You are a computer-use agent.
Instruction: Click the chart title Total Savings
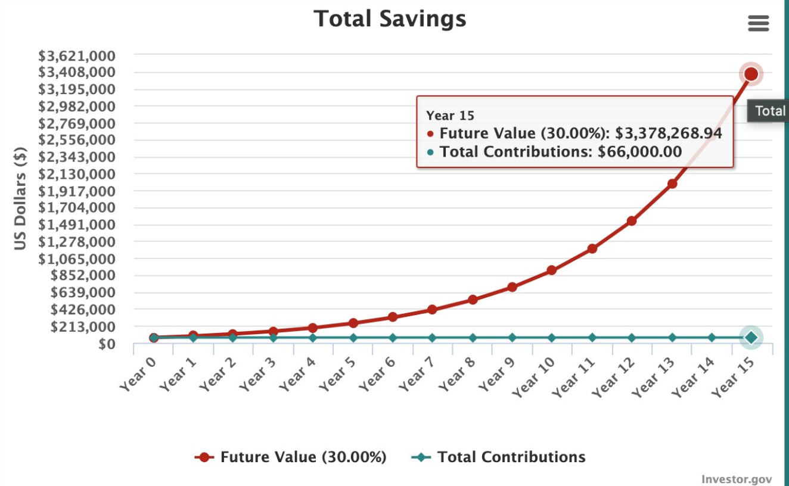[x=390, y=18]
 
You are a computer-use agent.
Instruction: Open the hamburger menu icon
[x=758, y=24]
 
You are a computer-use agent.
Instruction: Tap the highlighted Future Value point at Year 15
[x=751, y=74]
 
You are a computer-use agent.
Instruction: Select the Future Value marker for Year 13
[x=672, y=183]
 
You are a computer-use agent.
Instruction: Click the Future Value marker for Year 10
[x=552, y=270]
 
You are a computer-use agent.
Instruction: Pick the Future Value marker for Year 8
[x=473, y=300]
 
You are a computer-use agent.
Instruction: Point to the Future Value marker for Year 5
[x=353, y=323]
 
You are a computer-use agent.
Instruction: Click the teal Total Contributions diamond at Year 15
[x=751, y=337]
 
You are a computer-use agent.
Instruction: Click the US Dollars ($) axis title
[x=21, y=198]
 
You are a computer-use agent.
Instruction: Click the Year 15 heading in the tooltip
[x=450, y=116]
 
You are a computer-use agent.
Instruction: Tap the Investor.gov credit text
[x=737, y=479]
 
